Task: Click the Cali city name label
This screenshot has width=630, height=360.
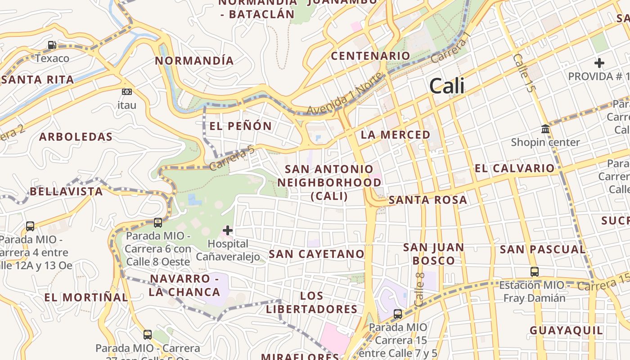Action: coord(446,86)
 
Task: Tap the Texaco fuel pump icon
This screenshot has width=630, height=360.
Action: coord(52,45)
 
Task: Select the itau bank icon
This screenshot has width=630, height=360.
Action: coord(127,92)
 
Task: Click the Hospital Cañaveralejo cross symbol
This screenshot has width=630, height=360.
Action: coord(228,231)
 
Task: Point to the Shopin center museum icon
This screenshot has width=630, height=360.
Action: coord(545,130)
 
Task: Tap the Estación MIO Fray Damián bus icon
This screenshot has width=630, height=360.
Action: coord(534,272)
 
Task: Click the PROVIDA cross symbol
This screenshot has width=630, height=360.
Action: coord(599,63)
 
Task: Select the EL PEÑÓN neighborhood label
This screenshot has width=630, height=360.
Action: coord(241,126)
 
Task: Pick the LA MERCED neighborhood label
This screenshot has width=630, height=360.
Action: coord(396,135)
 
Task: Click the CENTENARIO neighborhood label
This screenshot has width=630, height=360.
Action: coord(370,56)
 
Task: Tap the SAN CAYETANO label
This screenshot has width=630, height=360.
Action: coord(316,254)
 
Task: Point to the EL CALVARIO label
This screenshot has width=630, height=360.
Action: coord(515,168)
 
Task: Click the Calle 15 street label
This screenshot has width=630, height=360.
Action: coord(524,73)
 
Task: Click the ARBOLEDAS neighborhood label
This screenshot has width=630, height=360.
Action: coord(76,137)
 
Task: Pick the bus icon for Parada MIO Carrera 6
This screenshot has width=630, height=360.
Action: coord(158,222)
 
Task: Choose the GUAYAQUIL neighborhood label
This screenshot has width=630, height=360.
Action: coord(566,330)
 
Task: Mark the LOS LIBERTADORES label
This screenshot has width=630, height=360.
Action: coord(311,302)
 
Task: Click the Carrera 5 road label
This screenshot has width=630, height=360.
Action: coord(232,159)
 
